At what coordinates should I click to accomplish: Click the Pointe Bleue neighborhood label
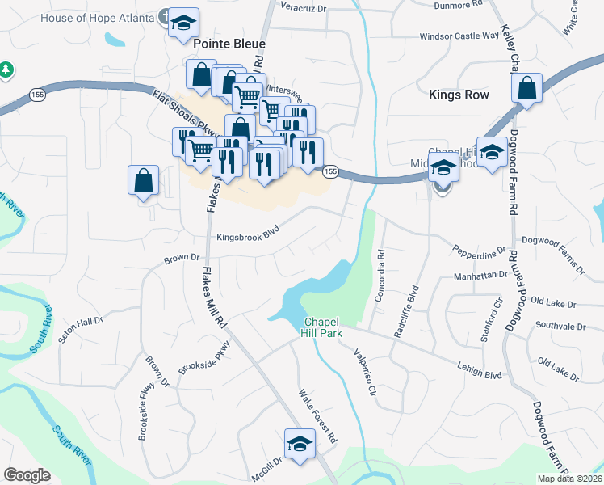[229, 44]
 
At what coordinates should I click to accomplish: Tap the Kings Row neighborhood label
[459, 95]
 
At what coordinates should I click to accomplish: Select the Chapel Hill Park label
[323, 327]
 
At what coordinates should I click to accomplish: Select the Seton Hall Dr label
[82, 331]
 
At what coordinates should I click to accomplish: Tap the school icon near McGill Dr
[299, 444]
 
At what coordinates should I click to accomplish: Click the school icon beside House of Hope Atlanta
[184, 21]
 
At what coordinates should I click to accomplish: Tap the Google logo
[26, 475]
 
